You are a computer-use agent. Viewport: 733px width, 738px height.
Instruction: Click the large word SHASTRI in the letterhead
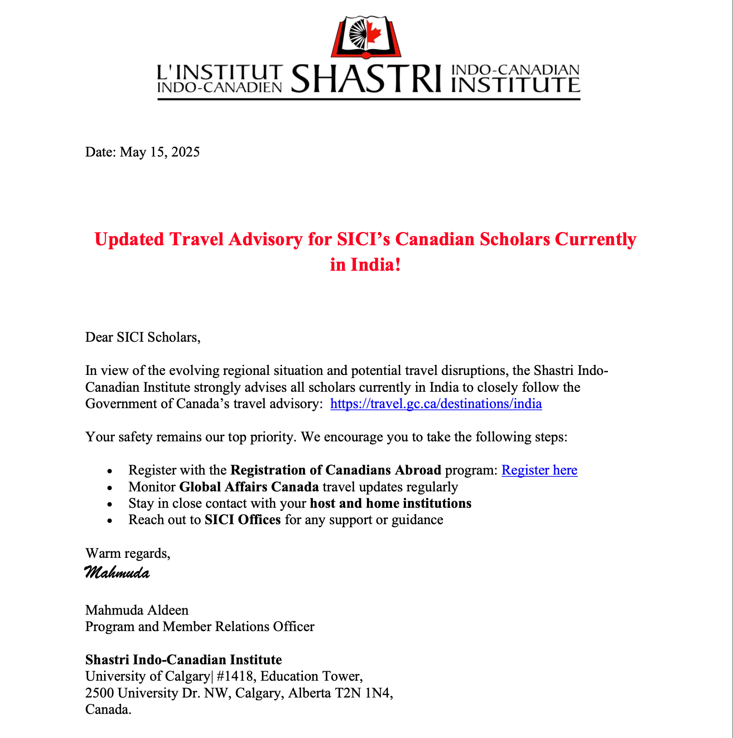[x=366, y=78]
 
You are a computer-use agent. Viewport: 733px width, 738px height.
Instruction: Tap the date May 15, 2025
[x=160, y=152]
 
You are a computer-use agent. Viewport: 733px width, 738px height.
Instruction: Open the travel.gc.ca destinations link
[x=436, y=404]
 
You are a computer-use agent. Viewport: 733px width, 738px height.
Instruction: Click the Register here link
[x=539, y=470]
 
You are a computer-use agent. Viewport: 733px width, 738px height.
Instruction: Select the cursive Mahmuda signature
[x=117, y=572]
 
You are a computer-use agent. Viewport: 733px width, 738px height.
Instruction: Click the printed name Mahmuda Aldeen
[x=137, y=610]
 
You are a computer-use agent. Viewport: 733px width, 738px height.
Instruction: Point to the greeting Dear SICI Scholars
[x=142, y=338]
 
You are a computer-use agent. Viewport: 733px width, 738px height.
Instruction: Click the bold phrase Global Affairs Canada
[x=249, y=487]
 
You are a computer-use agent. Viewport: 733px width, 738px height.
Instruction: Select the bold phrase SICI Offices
[x=242, y=520]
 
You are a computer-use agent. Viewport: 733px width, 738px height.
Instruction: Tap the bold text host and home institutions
[x=390, y=503]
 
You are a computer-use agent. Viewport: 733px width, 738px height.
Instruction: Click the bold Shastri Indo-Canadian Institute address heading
[x=183, y=660]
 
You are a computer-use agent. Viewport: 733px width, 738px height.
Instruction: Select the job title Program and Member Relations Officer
[x=200, y=627]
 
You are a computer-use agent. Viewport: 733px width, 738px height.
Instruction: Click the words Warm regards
[x=127, y=553]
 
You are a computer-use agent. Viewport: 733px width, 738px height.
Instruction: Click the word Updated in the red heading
[x=129, y=239]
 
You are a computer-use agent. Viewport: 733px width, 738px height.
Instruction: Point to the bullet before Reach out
[x=109, y=521]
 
